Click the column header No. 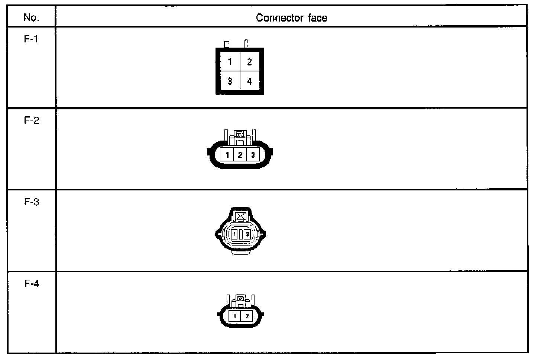[x=31, y=17]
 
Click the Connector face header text [x=291, y=17]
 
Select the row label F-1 [x=31, y=39]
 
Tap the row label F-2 [x=32, y=120]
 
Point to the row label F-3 [x=32, y=202]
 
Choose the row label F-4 [x=32, y=284]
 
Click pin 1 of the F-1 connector [x=230, y=62]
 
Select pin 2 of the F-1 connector [x=249, y=62]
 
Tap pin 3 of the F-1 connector [x=230, y=81]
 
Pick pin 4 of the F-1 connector [x=249, y=81]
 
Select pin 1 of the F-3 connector [x=234, y=234]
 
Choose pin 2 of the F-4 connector [x=247, y=316]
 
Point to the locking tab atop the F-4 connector [x=240, y=298]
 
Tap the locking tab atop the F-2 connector [x=240, y=134]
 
